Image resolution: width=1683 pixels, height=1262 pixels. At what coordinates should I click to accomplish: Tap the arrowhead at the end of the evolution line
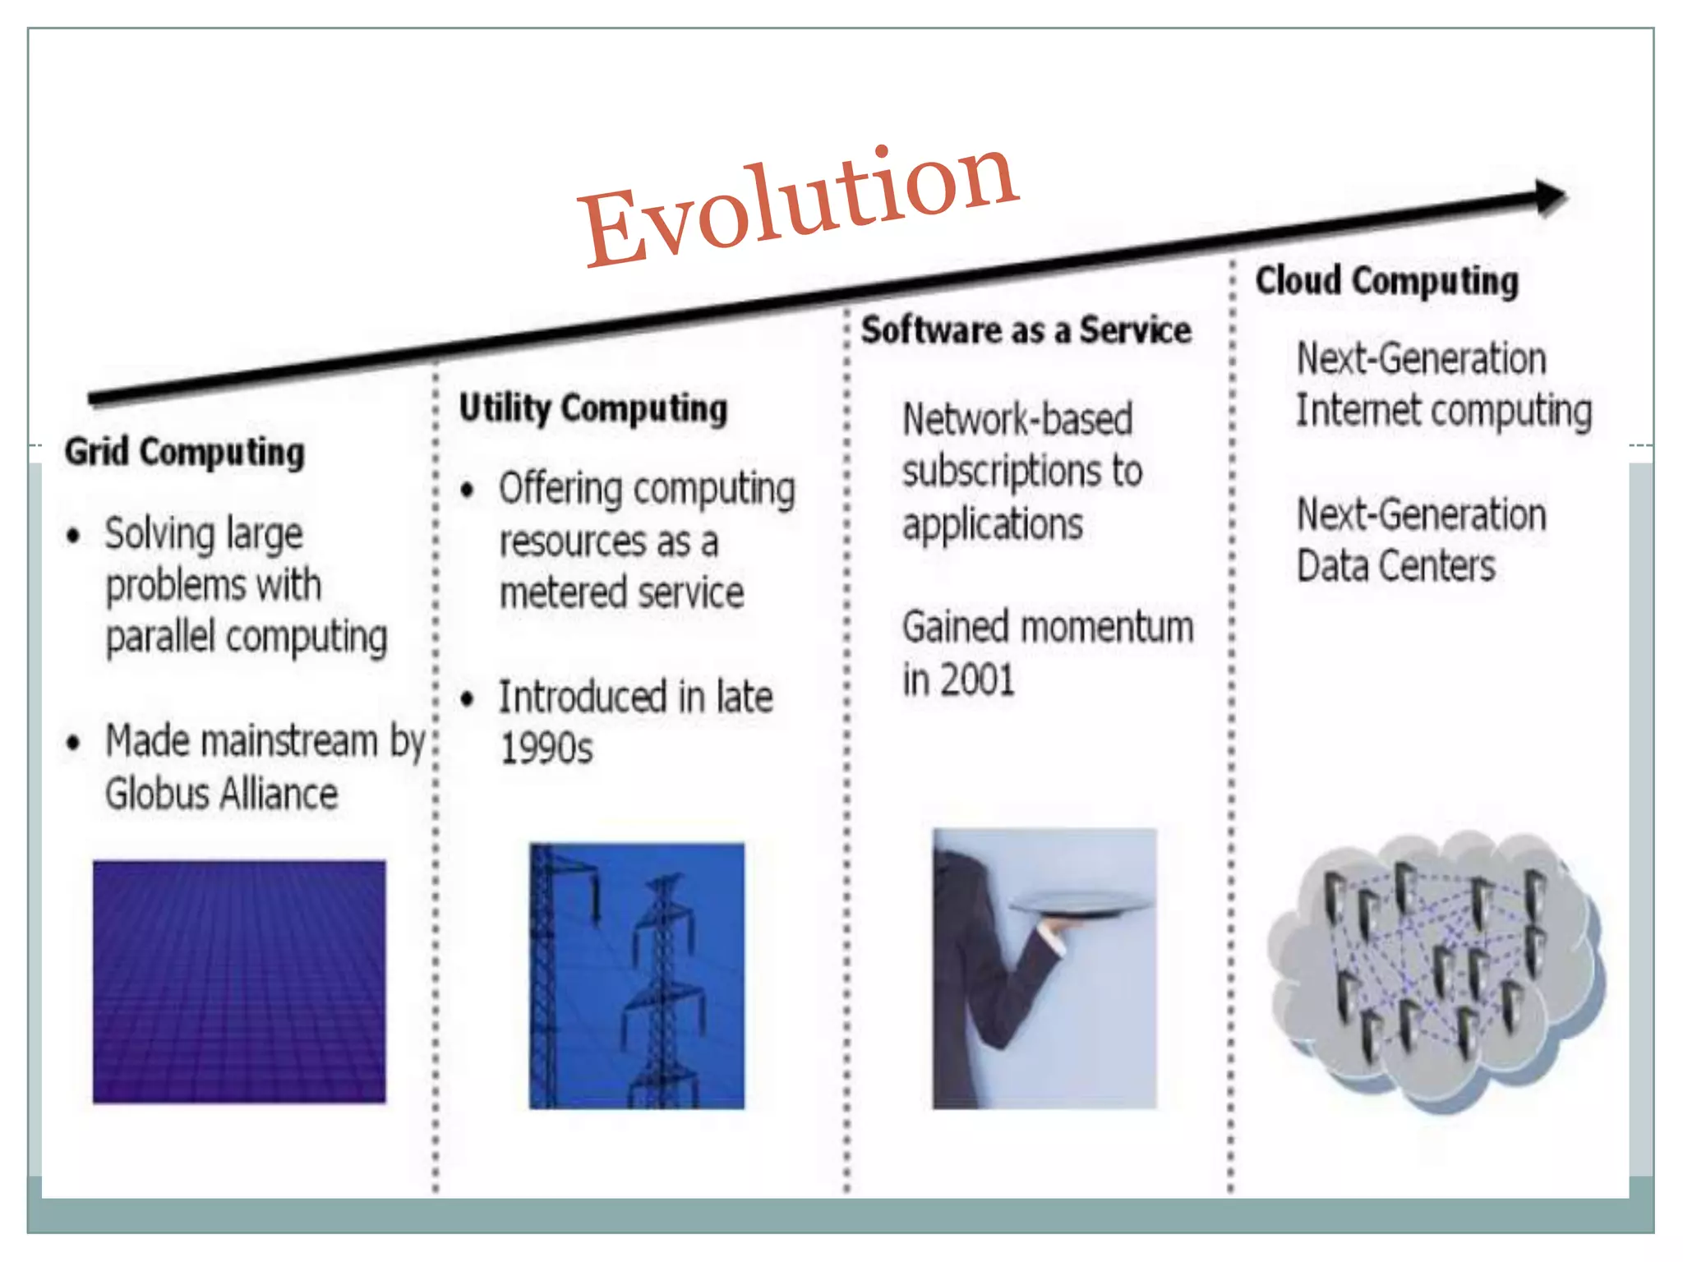pos(1550,197)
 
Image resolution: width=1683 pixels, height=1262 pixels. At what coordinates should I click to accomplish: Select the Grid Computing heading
pos(185,452)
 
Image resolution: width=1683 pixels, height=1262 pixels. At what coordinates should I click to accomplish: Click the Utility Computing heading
pos(593,408)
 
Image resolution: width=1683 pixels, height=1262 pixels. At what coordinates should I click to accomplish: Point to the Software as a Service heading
pos(1026,330)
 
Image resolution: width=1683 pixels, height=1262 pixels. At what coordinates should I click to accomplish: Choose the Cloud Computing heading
pos(1387,281)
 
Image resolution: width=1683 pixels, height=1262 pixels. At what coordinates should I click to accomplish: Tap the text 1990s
pos(546,748)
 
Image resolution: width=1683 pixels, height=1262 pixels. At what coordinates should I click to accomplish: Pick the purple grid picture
pos(239,981)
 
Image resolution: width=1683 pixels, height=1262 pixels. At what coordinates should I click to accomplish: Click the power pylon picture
pos(637,976)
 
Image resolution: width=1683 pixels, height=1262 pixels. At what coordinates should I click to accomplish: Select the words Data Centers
pos(1395,567)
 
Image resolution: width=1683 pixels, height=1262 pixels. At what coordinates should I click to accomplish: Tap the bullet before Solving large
pos(74,537)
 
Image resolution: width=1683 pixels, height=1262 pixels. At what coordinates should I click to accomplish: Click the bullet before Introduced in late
pos(468,699)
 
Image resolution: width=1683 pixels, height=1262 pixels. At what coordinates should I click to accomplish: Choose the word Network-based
pos(1017,420)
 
